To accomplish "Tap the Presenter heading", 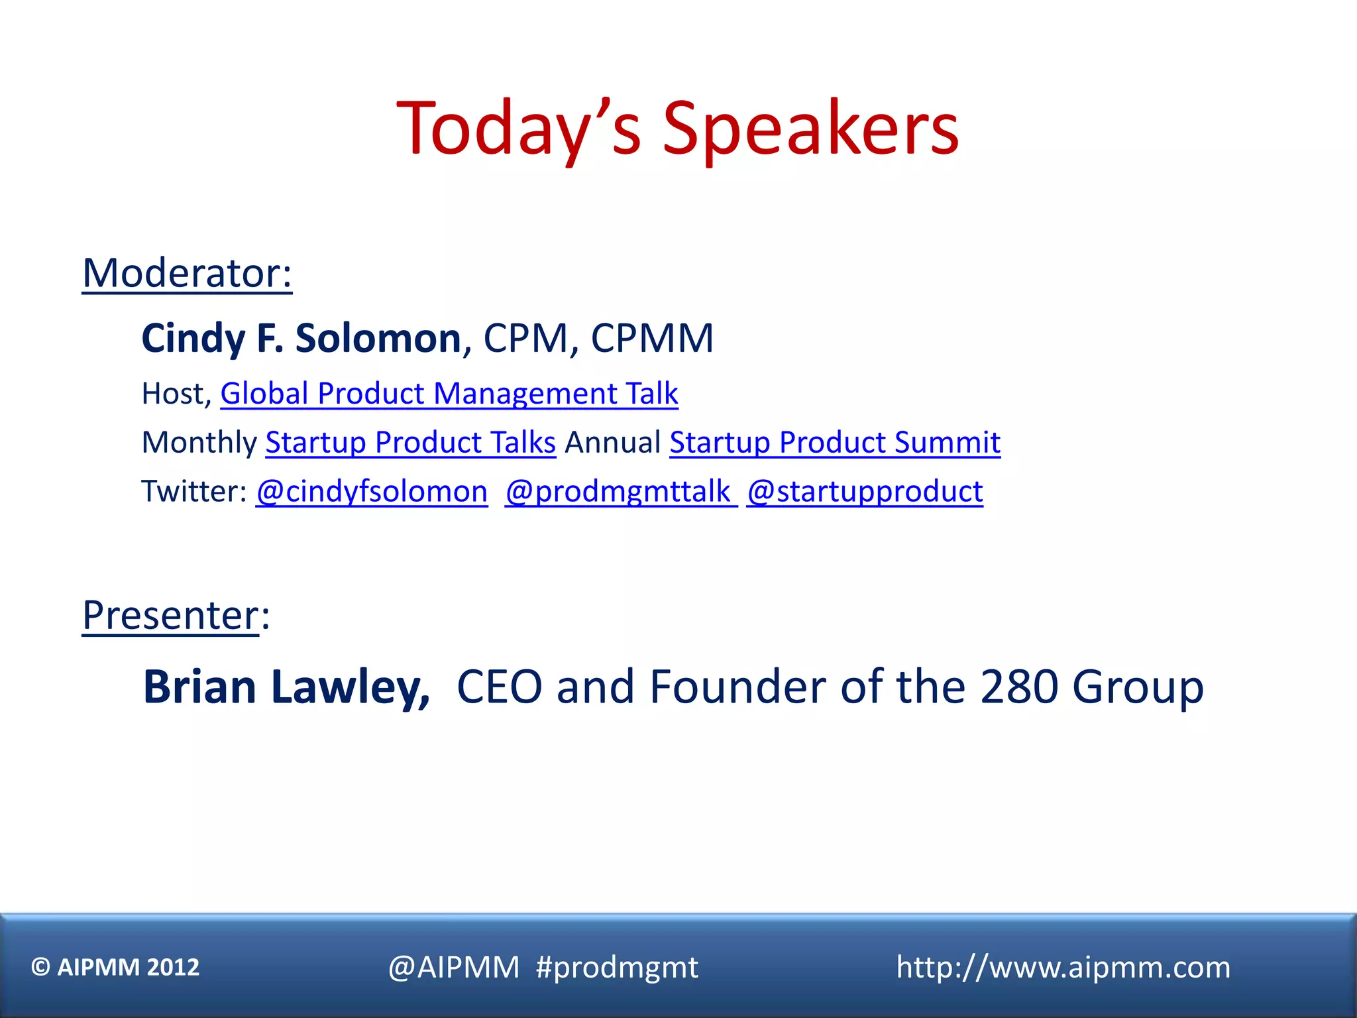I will click(x=171, y=615).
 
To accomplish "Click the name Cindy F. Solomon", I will click(x=301, y=338).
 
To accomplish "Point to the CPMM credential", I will click(x=652, y=338).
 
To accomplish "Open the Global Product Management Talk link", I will click(x=449, y=394).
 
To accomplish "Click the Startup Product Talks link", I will click(x=410, y=442).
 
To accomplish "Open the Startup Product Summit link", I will click(x=835, y=442).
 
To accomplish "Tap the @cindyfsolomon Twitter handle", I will click(x=372, y=491).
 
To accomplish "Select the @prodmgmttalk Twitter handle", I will click(x=620, y=491).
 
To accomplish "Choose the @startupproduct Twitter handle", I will click(x=865, y=491).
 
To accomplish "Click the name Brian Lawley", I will click(x=286, y=687).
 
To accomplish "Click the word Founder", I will click(x=737, y=687).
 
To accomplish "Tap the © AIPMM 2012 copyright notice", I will click(x=115, y=967).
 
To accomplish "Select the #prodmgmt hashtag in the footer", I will click(x=616, y=968).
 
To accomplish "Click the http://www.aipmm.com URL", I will click(x=1063, y=967).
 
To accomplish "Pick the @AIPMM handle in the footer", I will click(x=454, y=968).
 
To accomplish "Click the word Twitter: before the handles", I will click(x=194, y=491).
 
